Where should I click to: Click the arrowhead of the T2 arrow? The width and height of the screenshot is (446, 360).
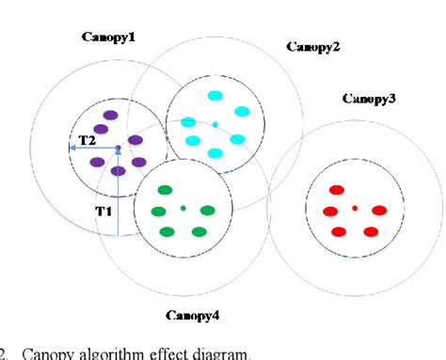click(x=73, y=150)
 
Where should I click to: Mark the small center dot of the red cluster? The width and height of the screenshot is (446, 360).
click(x=355, y=208)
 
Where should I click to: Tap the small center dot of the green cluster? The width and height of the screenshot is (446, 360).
click(x=183, y=208)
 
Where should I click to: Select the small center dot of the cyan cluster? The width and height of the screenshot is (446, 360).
click(x=215, y=124)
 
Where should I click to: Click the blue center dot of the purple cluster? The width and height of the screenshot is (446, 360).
click(x=118, y=149)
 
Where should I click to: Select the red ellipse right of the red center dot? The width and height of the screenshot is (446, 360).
click(x=380, y=211)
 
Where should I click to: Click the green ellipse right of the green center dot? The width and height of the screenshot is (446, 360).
click(x=208, y=211)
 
